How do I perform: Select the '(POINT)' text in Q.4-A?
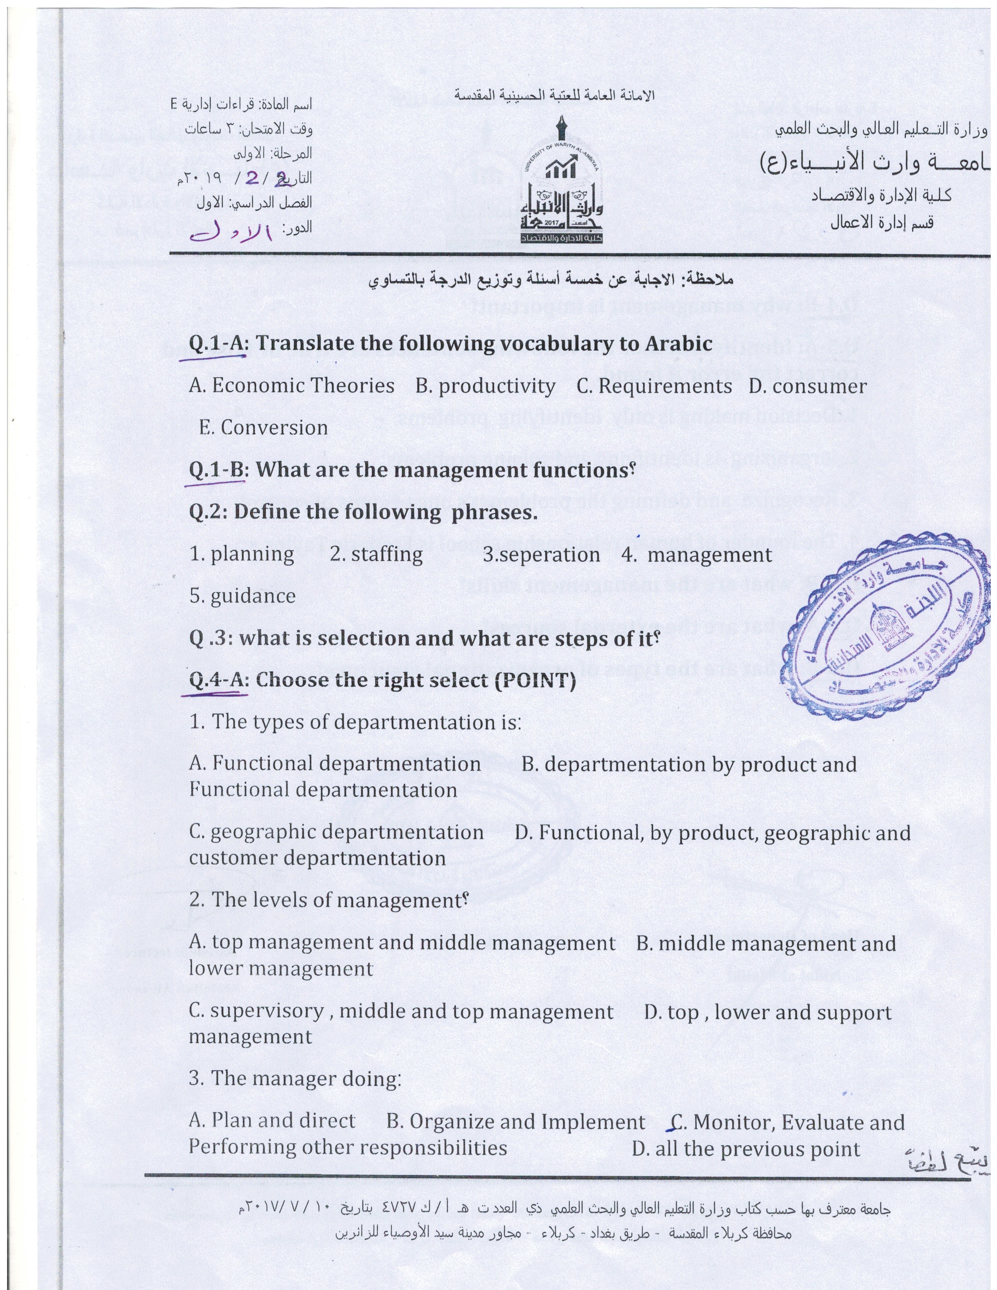pos(534,681)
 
